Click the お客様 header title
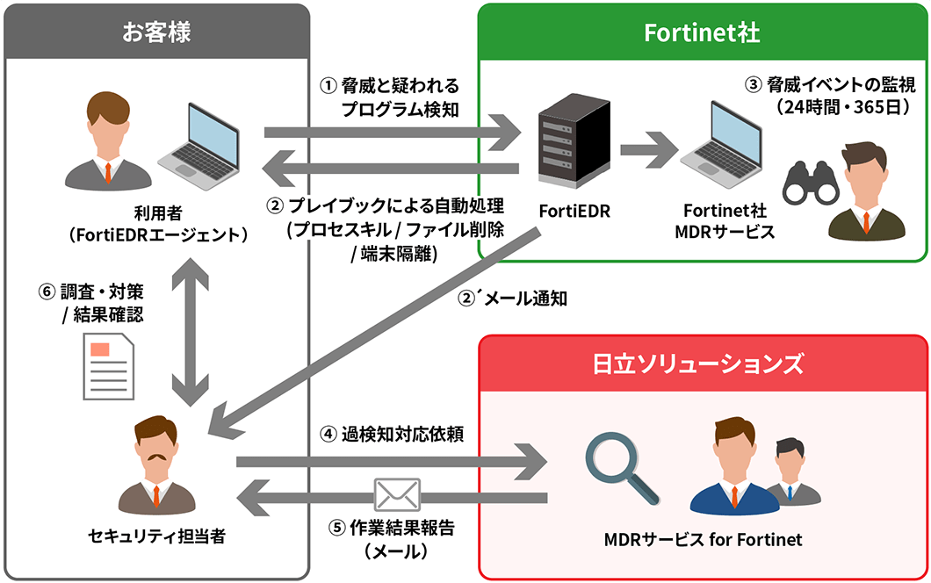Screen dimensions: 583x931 click(156, 33)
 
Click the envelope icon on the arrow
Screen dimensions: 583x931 click(397, 494)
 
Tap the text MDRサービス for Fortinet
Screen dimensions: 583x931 click(703, 538)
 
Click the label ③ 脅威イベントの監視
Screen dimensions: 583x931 click(829, 85)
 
